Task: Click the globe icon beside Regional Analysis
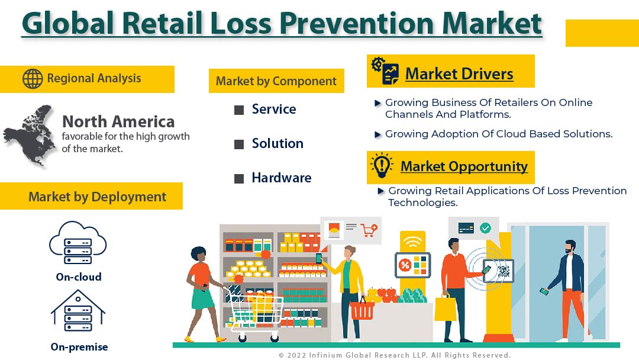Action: point(33,79)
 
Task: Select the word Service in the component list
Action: point(274,110)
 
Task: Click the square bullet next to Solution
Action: point(239,144)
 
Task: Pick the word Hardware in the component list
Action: point(282,178)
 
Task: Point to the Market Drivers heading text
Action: point(459,74)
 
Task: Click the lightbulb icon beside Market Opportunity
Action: point(382,166)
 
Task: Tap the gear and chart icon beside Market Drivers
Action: point(385,70)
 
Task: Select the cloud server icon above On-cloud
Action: point(78,243)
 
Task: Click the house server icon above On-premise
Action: point(78,311)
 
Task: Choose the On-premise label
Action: point(79,347)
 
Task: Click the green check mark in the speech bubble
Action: point(485,228)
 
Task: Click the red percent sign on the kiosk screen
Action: point(405,265)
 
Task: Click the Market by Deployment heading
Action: point(98,197)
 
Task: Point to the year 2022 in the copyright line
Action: point(296,355)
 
